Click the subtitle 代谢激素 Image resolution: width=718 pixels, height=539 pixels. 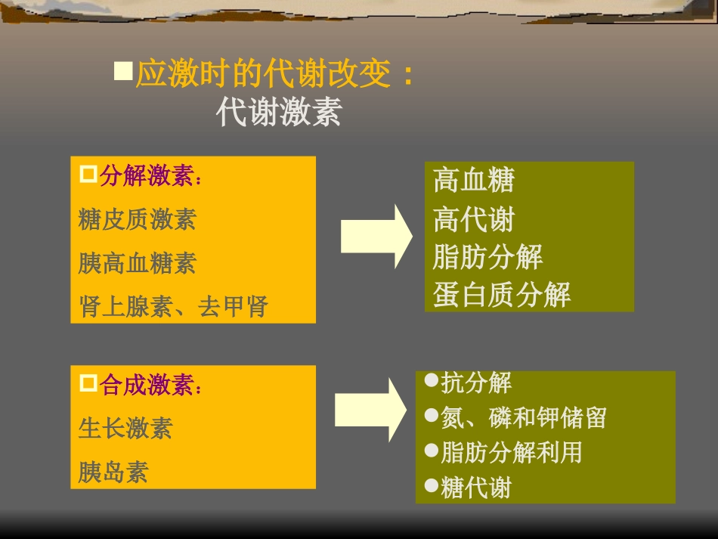coord(279,113)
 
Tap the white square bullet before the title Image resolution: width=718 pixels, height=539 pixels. coord(122,72)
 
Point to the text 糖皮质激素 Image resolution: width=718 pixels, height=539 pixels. coord(137,219)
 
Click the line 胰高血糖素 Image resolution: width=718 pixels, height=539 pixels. coord(137,263)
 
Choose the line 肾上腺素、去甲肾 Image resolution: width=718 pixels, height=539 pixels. coord(173,307)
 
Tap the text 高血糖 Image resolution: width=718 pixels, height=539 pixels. coord(473,181)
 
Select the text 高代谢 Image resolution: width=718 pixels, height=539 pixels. coord(473,220)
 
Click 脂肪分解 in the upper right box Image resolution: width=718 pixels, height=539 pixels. coord(487,257)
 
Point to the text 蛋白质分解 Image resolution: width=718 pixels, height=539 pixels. coord(501,295)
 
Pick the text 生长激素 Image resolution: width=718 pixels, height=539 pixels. coord(125,429)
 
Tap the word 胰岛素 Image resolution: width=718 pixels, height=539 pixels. coord(113,472)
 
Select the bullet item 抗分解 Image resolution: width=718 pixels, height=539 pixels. coord(476,383)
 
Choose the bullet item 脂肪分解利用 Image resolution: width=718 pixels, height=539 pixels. coord(511,452)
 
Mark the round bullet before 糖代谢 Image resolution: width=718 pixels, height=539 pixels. coord(432,485)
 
